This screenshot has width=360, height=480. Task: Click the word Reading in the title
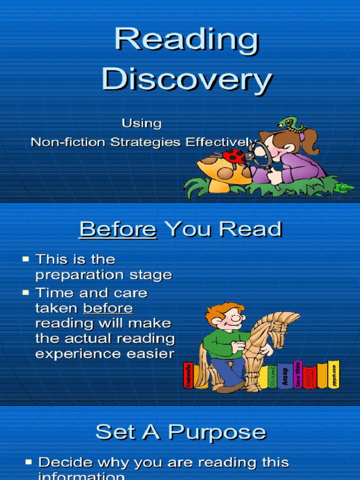187,41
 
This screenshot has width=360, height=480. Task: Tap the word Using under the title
142,123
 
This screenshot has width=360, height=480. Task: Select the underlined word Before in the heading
117,230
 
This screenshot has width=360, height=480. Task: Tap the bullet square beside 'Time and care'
26,292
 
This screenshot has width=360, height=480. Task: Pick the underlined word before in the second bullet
108,308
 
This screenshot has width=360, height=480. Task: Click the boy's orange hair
224,311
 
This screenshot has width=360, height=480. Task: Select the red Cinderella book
188,375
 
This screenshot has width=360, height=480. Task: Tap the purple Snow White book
297,374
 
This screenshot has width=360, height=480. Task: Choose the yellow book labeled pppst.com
334,374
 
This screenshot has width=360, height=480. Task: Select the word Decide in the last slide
65,463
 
